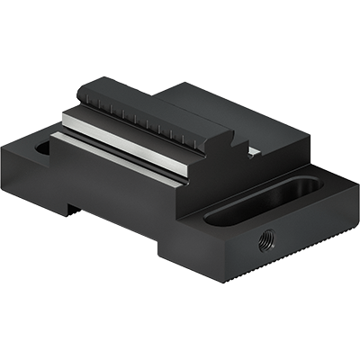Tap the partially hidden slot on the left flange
click(x=40, y=148)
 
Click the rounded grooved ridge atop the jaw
click(x=153, y=112)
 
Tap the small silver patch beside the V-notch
click(x=255, y=151)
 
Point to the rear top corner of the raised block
click(x=185, y=84)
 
